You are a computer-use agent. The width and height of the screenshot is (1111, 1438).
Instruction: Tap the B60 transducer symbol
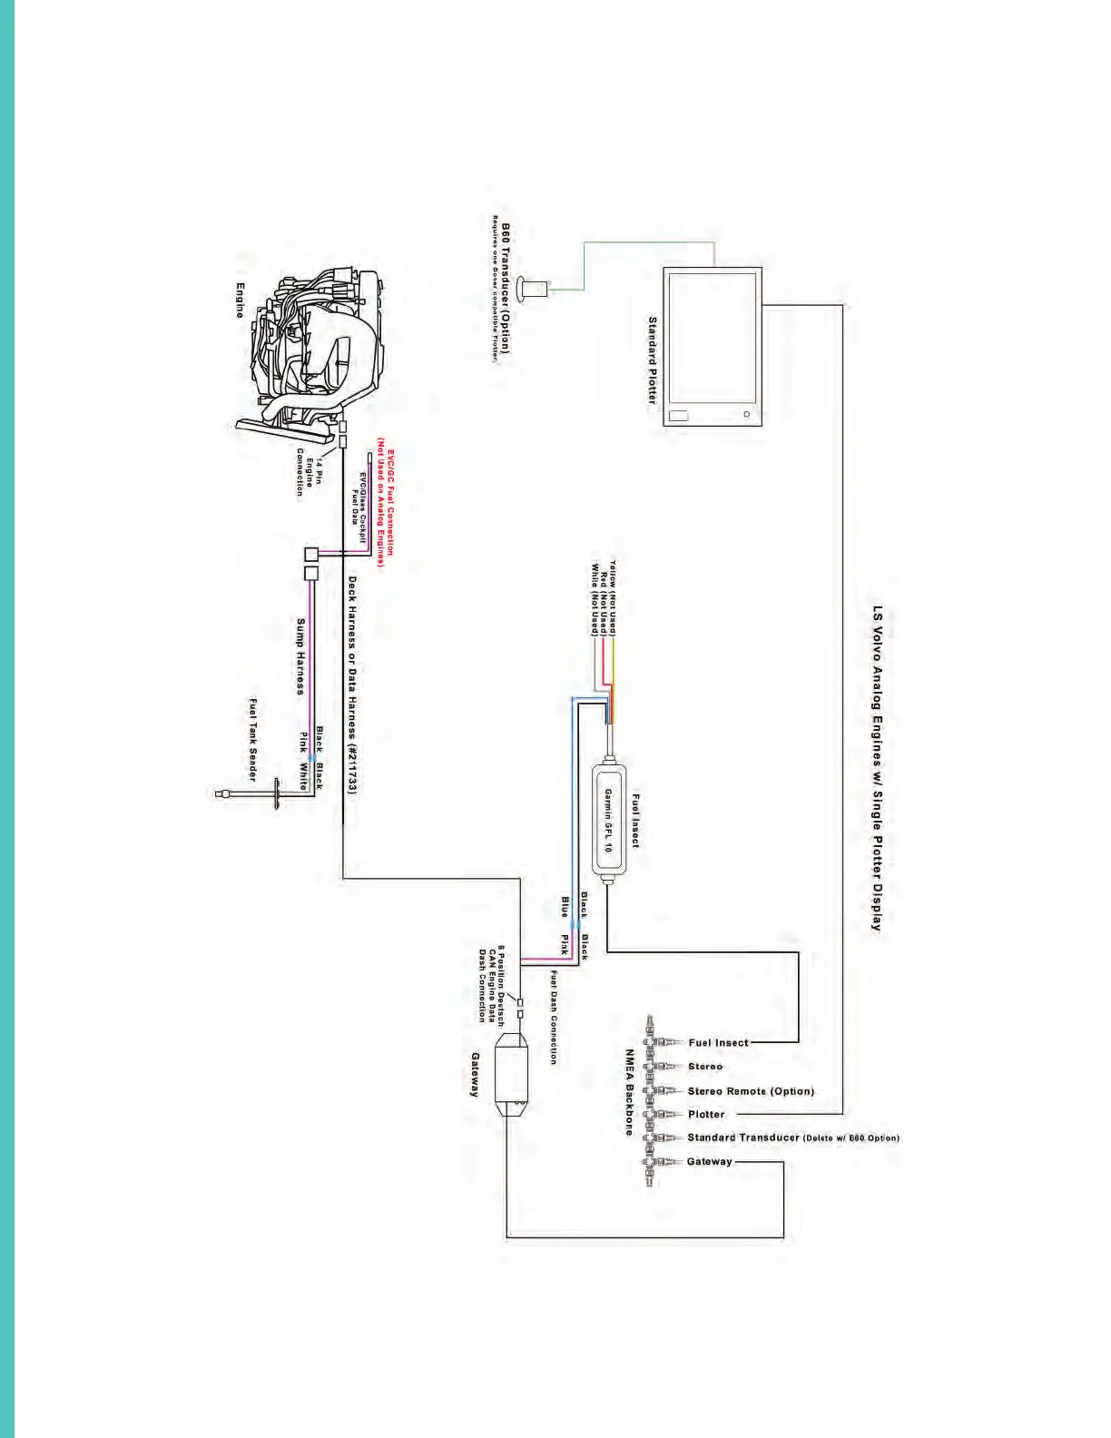tap(532, 290)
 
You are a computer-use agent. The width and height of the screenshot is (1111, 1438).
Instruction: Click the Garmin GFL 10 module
tap(611, 820)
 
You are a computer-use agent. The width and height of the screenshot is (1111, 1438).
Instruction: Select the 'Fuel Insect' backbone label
tap(718, 1043)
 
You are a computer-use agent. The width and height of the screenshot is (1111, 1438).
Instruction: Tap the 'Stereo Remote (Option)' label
tap(751, 1091)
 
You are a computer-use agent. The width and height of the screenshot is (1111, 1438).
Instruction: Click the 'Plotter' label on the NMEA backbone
tap(706, 1115)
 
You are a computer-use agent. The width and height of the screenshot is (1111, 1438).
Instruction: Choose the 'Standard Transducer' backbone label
tap(743, 1138)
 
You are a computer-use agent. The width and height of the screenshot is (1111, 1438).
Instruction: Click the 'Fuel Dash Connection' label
tap(553, 1017)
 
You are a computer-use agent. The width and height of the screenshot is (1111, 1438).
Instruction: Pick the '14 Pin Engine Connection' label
tap(310, 472)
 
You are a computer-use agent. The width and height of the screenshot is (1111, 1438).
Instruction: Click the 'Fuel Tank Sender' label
tap(253, 739)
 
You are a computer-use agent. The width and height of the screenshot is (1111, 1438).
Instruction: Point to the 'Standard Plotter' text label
tap(652, 359)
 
